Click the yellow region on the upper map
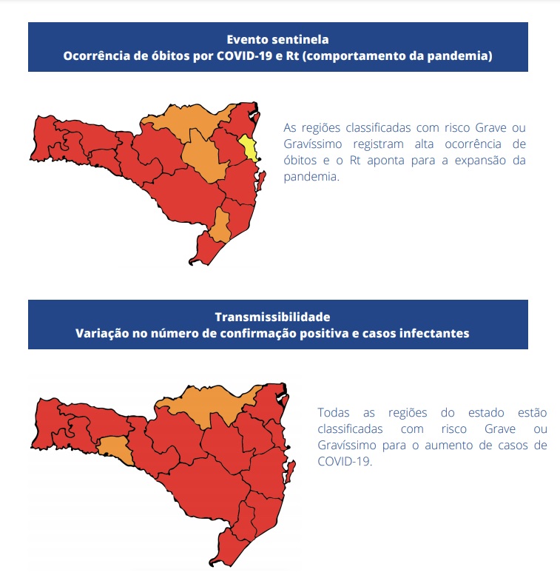click(x=250, y=147)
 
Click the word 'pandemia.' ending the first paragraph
click(x=311, y=178)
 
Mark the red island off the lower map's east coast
click(x=291, y=470)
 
